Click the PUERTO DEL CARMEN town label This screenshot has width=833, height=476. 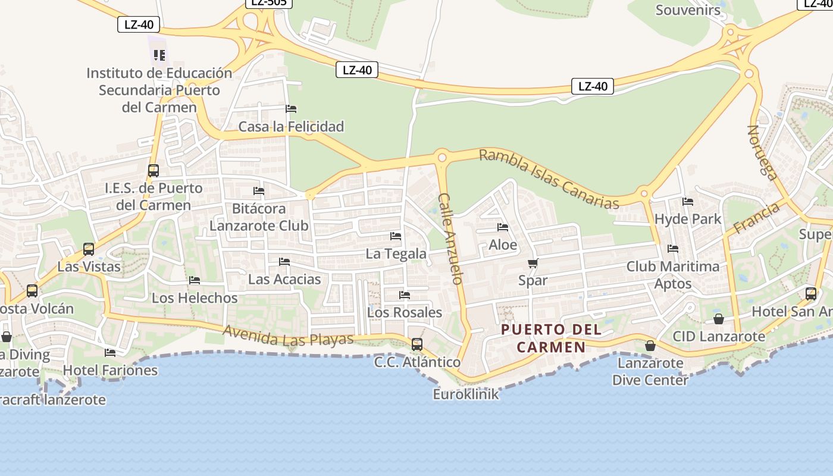click(x=550, y=338)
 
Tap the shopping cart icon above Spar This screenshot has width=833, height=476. click(x=533, y=263)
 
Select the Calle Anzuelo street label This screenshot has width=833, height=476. click(x=450, y=238)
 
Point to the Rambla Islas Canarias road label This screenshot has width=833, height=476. click(x=549, y=178)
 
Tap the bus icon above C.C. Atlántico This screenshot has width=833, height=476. click(x=417, y=344)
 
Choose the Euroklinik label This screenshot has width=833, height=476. click(x=466, y=394)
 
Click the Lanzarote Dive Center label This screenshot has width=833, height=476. click(x=650, y=371)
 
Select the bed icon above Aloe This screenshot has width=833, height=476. click(x=503, y=227)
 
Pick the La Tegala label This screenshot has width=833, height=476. click(x=396, y=253)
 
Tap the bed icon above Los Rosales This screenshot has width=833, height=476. click(x=405, y=295)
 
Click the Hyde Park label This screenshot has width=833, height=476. click(x=688, y=218)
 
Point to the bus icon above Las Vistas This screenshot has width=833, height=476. click(x=89, y=249)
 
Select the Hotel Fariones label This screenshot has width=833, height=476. click(x=110, y=370)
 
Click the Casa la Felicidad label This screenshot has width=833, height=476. click(x=291, y=126)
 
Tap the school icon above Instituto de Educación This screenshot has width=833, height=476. click(x=159, y=55)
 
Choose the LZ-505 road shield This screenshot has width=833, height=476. click(x=269, y=2)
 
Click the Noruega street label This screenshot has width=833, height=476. click(x=763, y=152)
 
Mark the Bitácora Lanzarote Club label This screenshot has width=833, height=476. click(x=259, y=217)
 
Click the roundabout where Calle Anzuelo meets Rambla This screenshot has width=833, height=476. click(x=441, y=157)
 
